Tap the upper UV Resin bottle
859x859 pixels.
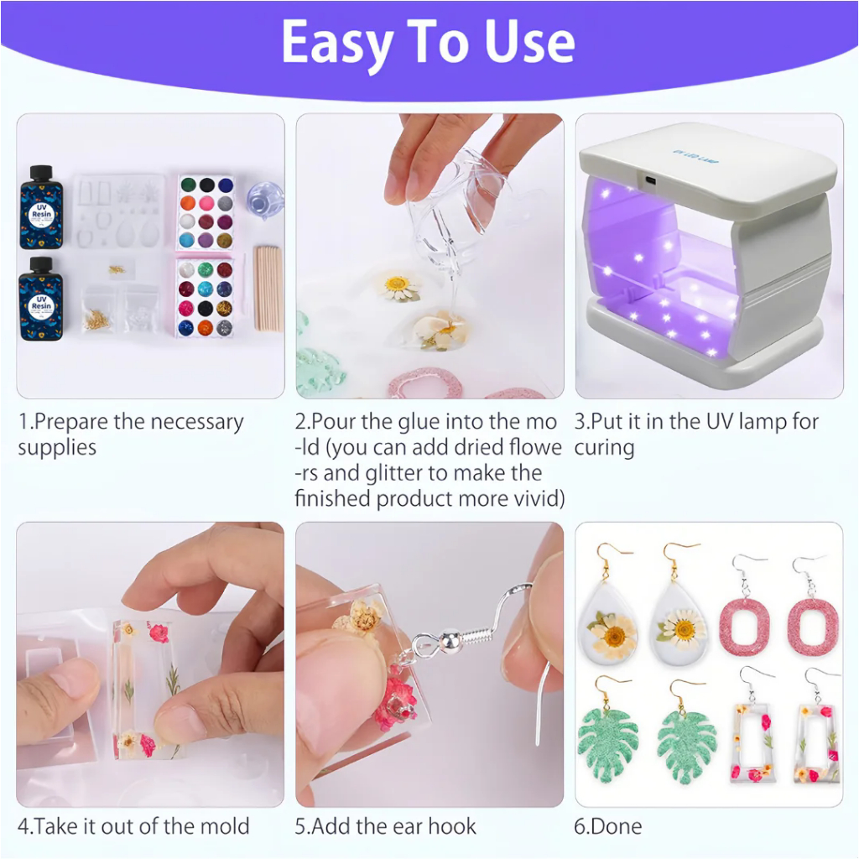41,207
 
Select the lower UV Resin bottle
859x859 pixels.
40,299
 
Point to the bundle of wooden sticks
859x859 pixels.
268,289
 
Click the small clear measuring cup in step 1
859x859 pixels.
265,199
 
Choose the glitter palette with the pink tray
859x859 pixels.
205,296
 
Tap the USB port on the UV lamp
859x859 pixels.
651,181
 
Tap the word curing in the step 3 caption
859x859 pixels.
604,448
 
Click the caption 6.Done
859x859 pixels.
607,826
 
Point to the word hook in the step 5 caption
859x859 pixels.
452,826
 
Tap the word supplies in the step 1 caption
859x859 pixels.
57,448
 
